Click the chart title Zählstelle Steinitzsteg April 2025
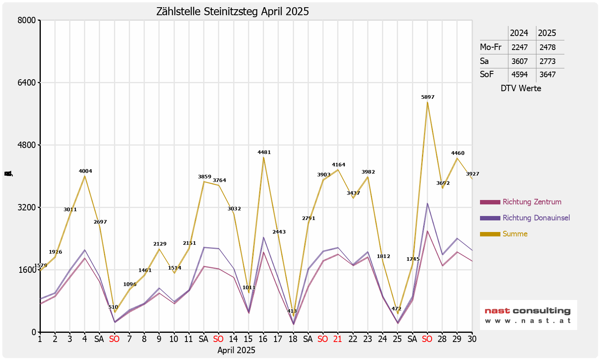(x=232, y=12)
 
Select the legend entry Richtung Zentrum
(x=532, y=202)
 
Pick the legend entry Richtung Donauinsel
(x=536, y=218)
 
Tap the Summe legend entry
(x=515, y=234)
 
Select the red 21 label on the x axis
(x=338, y=339)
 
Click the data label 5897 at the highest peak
(x=428, y=97)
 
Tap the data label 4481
(x=264, y=152)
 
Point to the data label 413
(x=292, y=311)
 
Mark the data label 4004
(x=85, y=171)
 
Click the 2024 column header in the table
(x=519, y=33)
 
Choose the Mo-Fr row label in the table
(x=491, y=47)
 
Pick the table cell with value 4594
(x=520, y=74)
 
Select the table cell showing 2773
(x=547, y=61)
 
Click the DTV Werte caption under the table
(x=521, y=88)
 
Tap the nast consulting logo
(x=528, y=315)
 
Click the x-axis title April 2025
(x=236, y=350)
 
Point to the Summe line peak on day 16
(x=263, y=157)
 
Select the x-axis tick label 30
(x=472, y=339)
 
